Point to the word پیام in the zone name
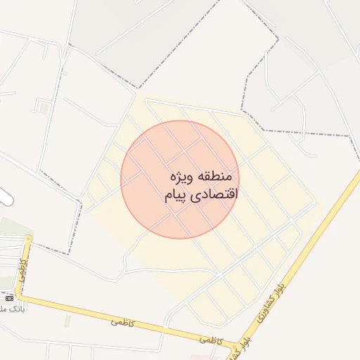pyautogui.click(x=177, y=195)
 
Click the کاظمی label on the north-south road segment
pyautogui.click(x=23, y=269)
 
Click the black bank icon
pyautogui.click(x=9, y=298)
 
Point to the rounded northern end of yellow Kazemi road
pyautogui.click(x=27, y=239)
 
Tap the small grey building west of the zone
pyautogui.click(x=44, y=108)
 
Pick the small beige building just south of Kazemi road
pyautogui.click(x=67, y=321)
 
